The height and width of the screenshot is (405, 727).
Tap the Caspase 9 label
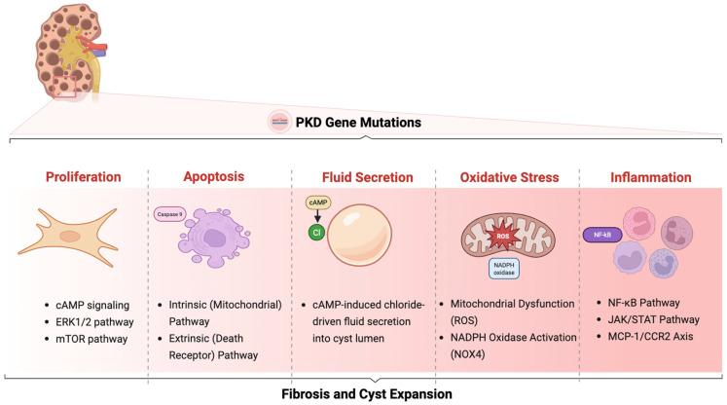pyautogui.click(x=171, y=210)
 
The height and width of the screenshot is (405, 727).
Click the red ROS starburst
pyautogui.click(x=506, y=235)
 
